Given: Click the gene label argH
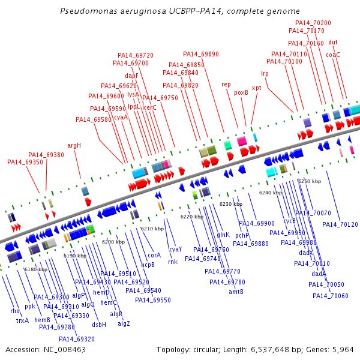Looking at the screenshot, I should tap(74, 145).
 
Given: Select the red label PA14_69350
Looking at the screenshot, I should tap(25, 162).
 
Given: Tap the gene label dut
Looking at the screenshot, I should tap(333, 42).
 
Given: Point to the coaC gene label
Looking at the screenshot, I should tap(333, 55).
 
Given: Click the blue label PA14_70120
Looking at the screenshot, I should tap(340, 224).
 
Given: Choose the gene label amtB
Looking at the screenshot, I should tap(236, 292).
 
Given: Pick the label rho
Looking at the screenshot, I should tap(15, 311).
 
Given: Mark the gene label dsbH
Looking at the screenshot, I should tap(99, 325).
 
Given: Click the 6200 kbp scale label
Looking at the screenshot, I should tap(113, 242).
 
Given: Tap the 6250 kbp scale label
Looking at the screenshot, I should tap(310, 181).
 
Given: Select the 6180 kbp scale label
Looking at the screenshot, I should tap(35, 269).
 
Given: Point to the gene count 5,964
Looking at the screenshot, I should tap(343, 349).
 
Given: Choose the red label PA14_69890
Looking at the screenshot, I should tap(201, 53).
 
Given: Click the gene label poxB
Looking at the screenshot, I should tap(241, 92).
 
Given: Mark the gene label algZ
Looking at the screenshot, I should tap(124, 323).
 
